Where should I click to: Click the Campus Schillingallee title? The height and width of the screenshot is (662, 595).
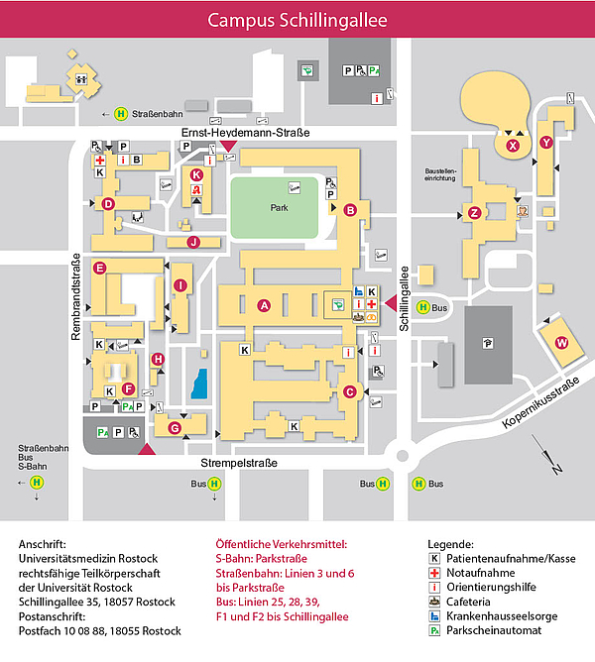tap(297, 20)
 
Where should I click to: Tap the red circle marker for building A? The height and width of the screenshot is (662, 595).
tap(264, 305)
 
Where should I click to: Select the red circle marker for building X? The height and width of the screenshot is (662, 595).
tap(513, 146)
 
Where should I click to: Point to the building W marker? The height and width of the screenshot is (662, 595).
tap(561, 343)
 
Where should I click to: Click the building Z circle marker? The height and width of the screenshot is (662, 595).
tap(474, 212)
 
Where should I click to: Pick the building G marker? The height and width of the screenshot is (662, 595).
tap(175, 428)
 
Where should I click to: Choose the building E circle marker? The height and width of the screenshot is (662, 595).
tap(99, 269)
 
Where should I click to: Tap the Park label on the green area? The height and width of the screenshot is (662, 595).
tap(279, 209)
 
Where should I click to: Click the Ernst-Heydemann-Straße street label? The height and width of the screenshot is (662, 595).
tap(245, 134)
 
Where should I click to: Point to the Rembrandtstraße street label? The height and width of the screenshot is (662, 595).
tap(75, 298)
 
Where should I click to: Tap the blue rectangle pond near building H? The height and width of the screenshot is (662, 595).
tap(199, 384)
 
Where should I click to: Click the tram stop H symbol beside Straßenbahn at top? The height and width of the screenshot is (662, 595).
tap(122, 112)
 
